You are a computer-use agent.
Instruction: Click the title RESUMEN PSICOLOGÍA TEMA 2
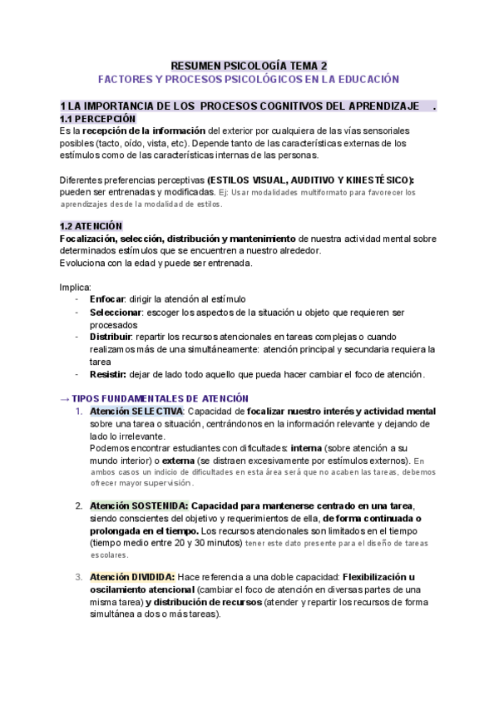pyautogui.click(x=249, y=65)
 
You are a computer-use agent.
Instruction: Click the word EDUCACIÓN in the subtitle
pyautogui.click(x=362, y=79)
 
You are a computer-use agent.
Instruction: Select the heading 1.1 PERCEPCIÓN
pyautogui.click(x=97, y=119)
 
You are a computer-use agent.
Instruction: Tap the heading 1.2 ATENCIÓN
pyautogui.click(x=91, y=226)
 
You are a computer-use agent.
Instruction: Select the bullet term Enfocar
pyautogui.click(x=107, y=299)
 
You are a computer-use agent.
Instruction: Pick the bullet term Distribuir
pyautogui.click(x=111, y=337)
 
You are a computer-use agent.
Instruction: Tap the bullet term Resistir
pyautogui.click(x=108, y=374)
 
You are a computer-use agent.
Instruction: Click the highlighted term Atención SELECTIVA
pyautogui.click(x=136, y=412)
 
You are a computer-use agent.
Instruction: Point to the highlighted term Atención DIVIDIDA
pyautogui.click(x=132, y=577)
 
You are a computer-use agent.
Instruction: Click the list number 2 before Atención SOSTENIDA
pyautogui.click(x=78, y=505)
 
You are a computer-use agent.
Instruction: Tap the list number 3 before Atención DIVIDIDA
pyautogui.click(x=78, y=577)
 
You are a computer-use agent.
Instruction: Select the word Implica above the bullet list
pyautogui.click(x=76, y=287)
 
